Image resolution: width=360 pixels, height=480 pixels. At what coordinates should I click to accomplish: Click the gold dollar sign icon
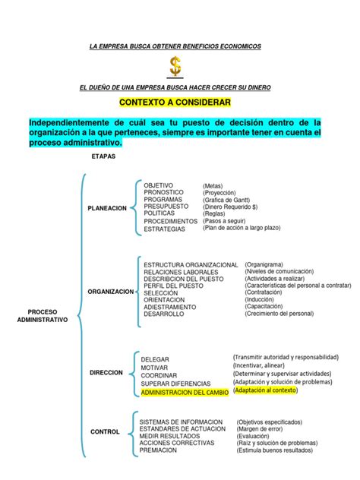coord(175,67)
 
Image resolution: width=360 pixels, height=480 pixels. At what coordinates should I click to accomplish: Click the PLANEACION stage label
coord(107,208)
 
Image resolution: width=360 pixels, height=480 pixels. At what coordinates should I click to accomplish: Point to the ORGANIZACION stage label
coord(110,291)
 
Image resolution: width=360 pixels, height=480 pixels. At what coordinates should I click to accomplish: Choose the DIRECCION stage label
coord(106,373)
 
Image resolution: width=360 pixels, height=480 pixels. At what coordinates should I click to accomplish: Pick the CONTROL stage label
coord(105,431)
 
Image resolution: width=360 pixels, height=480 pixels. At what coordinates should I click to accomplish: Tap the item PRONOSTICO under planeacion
coord(163,193)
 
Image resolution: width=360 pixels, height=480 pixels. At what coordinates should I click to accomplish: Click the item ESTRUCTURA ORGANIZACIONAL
coord(186,264)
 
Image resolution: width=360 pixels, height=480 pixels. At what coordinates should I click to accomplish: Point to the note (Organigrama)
coord(270,264)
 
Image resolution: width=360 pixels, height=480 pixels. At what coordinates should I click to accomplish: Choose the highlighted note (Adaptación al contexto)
coord(266,390)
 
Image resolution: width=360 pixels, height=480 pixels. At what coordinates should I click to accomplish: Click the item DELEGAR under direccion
coord(156,359)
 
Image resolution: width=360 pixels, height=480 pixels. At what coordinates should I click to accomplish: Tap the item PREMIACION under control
coord(158,450)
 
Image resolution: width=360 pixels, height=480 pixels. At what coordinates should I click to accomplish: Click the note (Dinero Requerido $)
coord(231,207)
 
